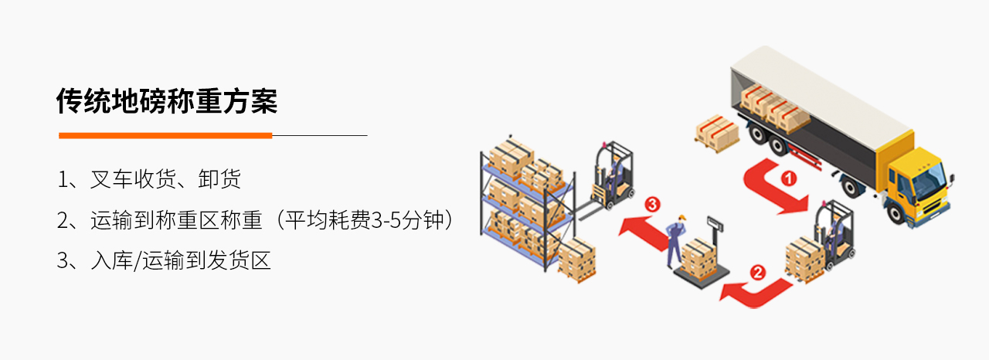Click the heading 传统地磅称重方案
point(167,101)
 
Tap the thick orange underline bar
point(165,135)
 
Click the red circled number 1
point(789,178)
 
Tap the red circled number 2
point(758,272)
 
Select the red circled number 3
point(652,204)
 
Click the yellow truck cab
point(914,185)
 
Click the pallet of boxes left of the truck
point(717,133)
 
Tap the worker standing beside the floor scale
point(675,240)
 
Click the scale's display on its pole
point(715,224)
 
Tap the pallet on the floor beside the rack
point(577,260)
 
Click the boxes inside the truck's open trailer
point(775,109)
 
